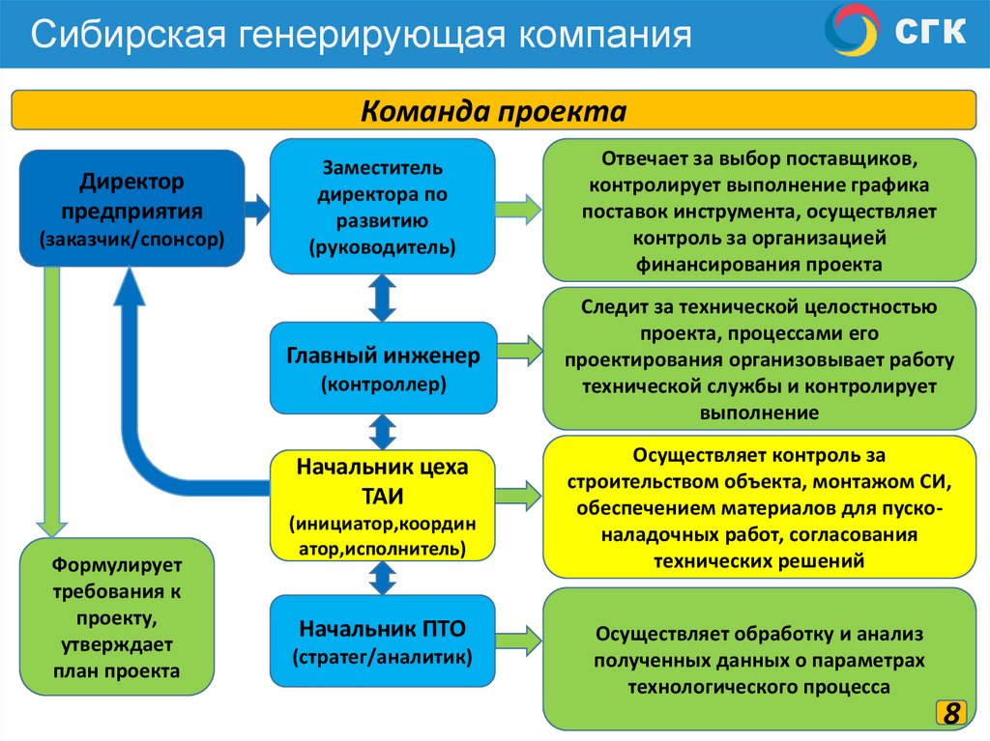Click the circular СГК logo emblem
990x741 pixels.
(x=851, y=30)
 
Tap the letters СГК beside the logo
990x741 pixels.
(x=929, y=32)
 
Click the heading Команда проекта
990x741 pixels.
(x=494, y=110)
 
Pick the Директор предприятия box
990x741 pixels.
(x=131, y=208)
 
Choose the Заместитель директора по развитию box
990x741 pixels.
(x=382, y=206)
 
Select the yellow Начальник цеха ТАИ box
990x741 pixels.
(x=382, y=507)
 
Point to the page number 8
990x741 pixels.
(x=952, y=714)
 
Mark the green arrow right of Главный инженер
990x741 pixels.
(x=520, y=350)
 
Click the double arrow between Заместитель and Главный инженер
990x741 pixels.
(x=383, y=298)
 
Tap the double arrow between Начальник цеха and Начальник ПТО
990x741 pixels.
(x=383, y=578)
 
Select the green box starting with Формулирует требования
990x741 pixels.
(x=117, y=616)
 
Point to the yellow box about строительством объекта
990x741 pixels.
(x=759, y=507)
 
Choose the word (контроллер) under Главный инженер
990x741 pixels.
(x=383, y=385)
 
